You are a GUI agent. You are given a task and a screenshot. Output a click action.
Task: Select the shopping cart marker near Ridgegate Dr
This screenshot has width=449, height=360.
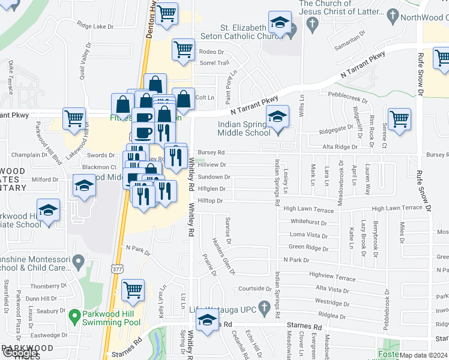tap(399, 118)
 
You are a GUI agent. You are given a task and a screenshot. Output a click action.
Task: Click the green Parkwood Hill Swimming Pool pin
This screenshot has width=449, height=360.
tap(74, 315)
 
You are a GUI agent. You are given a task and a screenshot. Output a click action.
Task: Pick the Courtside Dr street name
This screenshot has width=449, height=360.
tap(255, 289)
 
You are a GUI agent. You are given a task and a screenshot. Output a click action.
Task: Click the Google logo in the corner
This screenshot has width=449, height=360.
tap(20, 353)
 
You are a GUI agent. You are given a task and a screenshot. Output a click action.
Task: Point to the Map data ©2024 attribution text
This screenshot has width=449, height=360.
tap(423, 355)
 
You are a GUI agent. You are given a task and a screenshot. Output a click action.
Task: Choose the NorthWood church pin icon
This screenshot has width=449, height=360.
tap(393, 14)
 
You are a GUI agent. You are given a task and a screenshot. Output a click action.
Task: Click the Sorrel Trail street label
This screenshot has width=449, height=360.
tap(214, 62)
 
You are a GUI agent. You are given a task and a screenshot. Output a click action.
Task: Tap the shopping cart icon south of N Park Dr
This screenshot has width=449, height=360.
tap(133, 290)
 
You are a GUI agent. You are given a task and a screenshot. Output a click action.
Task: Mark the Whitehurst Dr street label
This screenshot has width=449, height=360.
tap(309, 221)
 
